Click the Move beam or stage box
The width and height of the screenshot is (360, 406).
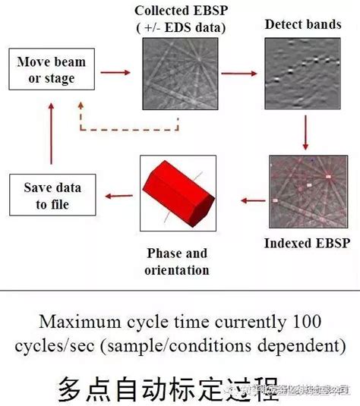tap(51, 70)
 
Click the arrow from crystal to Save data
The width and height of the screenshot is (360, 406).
tap(116, 196)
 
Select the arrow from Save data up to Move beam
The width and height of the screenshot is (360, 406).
tap(51, 134)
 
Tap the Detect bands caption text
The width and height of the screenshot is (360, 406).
tap(303, 24)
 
